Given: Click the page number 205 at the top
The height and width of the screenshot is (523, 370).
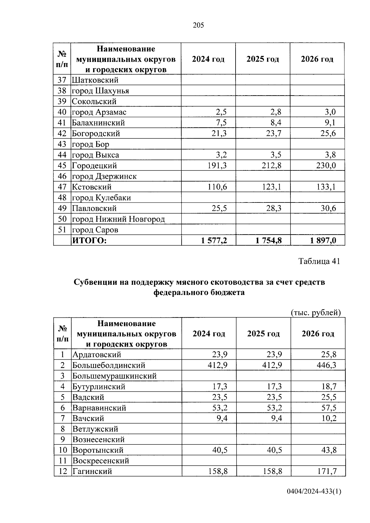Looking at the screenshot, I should click(198, 26).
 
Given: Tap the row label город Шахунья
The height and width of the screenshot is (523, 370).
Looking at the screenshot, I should click(100, 91).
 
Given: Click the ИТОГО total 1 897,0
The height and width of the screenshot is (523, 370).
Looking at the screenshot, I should click(323, 240).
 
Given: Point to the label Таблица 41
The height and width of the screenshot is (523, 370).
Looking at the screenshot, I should click(319, 261).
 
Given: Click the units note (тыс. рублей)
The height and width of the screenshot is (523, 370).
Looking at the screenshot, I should click(316, 313).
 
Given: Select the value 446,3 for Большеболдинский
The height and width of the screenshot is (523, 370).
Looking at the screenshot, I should click(326, 365).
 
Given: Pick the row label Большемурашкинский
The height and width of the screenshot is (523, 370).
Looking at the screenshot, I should click(114, 376).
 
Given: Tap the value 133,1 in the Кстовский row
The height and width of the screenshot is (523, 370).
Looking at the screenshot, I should click(326, 187).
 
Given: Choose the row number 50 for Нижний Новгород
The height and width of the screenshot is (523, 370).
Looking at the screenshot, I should click(62, 219).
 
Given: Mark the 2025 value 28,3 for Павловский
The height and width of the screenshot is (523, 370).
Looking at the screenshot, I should click(274, 208).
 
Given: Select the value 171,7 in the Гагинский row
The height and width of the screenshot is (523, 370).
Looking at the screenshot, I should click(326, 471).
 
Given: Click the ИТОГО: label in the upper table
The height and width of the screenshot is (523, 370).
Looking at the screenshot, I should click(89, 240).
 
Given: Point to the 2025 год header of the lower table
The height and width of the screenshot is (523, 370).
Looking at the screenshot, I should click(263, 334).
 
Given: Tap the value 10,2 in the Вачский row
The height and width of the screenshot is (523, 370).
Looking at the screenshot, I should click(328, 418).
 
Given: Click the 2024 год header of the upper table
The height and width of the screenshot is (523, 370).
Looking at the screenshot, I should click(208, 59).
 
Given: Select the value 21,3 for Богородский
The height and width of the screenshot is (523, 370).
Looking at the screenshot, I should click(219, 133).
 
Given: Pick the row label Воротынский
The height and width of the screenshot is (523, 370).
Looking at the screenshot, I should click(98, 450).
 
